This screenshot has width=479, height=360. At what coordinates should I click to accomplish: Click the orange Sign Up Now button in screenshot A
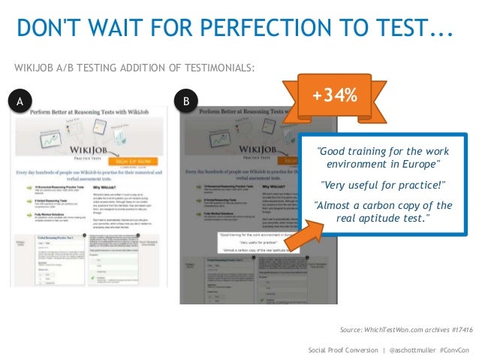133,161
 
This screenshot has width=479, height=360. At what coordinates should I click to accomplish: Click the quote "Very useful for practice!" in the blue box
383,185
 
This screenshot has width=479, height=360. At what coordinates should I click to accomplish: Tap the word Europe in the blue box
420,164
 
